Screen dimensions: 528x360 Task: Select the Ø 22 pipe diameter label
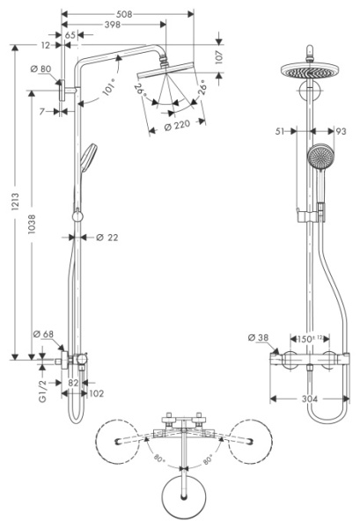[107, 237]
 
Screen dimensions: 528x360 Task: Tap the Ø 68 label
[42, 334]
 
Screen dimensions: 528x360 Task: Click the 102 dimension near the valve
[97, 393]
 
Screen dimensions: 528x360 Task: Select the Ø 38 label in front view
[258, 338]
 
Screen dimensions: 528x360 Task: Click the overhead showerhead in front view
[309, 72]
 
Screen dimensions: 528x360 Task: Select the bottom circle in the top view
[184, 498]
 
